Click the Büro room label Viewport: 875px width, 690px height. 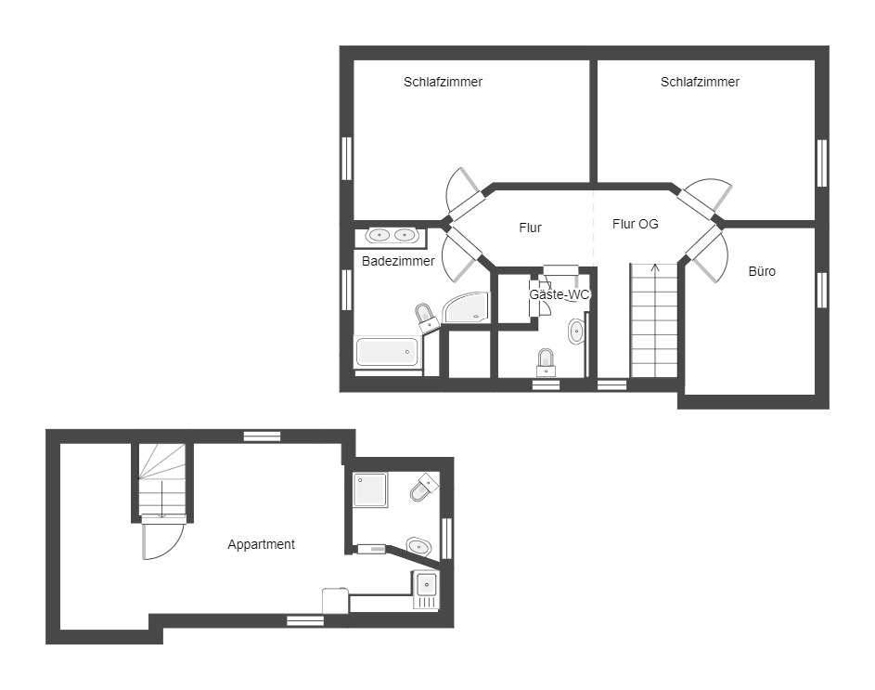pos(762,271)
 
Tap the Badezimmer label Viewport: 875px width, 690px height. pos(398,261)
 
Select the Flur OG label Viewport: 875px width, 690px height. pos(635,224)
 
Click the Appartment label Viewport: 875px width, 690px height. pos(261,544)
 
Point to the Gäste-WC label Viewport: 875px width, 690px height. pos(560,294)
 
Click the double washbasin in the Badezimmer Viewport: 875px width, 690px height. pos(392,235)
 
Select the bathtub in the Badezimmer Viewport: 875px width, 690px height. pos(387,352)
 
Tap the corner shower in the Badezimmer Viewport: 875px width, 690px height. pos(467,307)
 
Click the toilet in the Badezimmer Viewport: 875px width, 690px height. pos(426,318)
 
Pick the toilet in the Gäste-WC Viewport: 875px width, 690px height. pos(546,362)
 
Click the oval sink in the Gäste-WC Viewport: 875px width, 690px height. pos(576,332)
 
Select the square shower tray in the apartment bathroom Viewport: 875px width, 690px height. pos(370,490)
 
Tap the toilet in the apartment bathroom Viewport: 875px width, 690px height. pos(423,487)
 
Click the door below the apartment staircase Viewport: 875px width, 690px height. pos(163,537)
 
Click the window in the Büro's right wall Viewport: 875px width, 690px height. pos(822,290)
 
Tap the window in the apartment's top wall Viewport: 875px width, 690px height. pos(263,436)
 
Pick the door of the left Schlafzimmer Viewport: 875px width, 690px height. pos(464,193)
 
